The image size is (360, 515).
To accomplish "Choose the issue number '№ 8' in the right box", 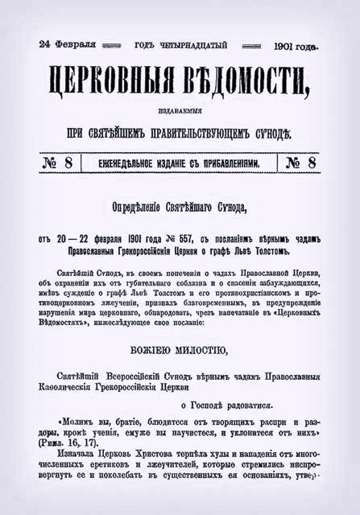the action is (301, 163).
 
